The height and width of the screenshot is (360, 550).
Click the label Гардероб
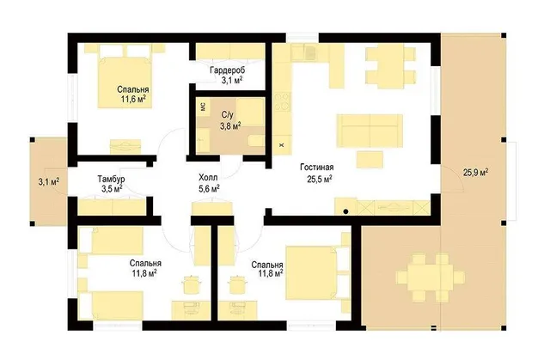pyautogui.click(x=227, y=70)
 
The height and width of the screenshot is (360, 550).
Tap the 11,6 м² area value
pyautogui.click(x=133, y=99)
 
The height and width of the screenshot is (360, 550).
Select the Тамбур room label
pyautogui.click(x=111, y=179)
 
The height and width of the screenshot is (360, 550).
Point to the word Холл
pyautogui.click(x=208, y=177)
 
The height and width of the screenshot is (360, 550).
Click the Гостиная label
pyautogui.click(x=317, y=168)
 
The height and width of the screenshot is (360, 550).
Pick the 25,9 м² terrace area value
pyautogui.click(x=476, y=172)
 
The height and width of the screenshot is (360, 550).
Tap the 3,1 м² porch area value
pyautogui.click(x=48, y=181)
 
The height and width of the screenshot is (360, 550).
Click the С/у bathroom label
pyautogui.click(x=227, y=114)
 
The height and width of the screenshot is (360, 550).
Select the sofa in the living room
pyautogui.click(x=370, y=131)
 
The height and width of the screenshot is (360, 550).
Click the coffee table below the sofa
pyautogui.click(x=370, y=160)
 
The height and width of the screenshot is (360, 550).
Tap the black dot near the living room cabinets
pyautogui.click(x=345, y=211)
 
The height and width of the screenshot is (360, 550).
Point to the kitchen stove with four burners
pyautogui.click(x=282, y=101)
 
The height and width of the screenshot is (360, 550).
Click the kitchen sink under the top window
pyautogui.click(x=310, y=52)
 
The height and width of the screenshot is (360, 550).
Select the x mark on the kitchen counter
pyautogui.click(x=281, y=145)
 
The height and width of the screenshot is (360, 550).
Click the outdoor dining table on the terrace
pyautogui.click(x=431, y=278)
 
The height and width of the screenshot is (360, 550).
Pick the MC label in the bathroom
pyautogui.click(x=203, y=107)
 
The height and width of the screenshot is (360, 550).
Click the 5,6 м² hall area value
pyautogui.click(x=209, y=189)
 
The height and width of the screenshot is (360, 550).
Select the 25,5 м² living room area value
pyautogui.click(x=320, y=179)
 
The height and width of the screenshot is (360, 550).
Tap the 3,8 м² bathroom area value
pyautogui.click(x=230, y=125)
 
